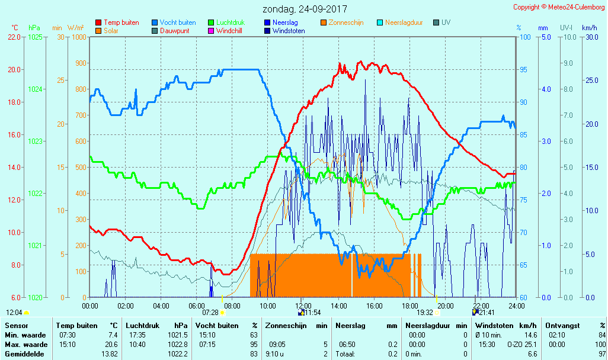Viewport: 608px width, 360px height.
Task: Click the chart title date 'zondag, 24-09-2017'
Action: point(305,9)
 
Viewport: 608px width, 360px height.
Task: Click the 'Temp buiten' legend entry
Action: point(121,22)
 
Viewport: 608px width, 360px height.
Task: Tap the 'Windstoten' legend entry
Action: point(289,31)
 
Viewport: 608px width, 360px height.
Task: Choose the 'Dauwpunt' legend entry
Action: point(174,31)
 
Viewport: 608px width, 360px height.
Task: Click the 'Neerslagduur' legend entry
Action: point(404,22)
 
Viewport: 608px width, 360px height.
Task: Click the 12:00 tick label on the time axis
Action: point(303,306)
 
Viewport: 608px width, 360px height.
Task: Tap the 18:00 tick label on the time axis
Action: point(410,306)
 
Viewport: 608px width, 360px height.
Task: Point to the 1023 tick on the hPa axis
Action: point(35,141)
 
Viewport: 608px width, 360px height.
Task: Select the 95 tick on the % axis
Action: point(523,69)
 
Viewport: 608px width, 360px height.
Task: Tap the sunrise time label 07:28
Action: point(210,313)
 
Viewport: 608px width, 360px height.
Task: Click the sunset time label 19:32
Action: point(425,313)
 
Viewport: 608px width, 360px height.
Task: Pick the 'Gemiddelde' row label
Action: point(25,354)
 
